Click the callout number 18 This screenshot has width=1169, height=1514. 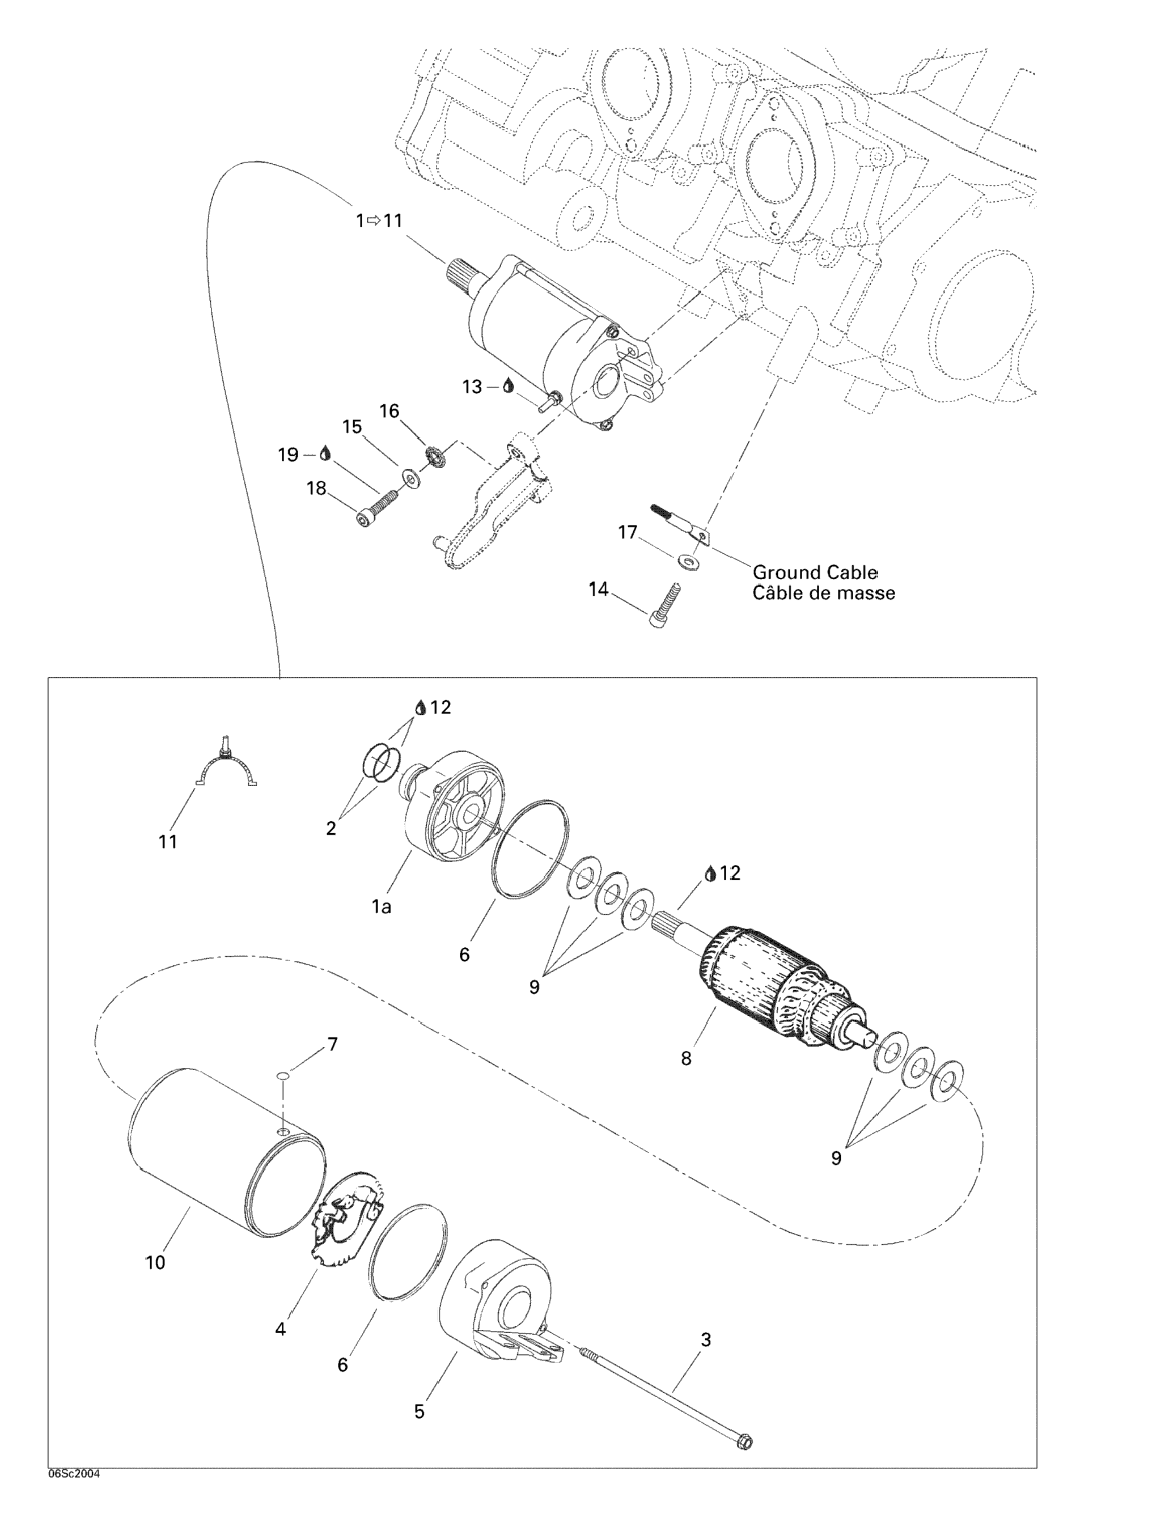[316, 488]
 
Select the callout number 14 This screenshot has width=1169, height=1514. [598, 590]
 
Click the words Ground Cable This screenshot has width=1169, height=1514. [815, 572]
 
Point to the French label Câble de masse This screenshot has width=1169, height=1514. [824, 593]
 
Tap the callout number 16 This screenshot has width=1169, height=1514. [389, 411]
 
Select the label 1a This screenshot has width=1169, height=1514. [382, 905]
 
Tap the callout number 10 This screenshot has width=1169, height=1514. [155, 1262]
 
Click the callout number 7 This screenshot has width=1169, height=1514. [333, 1044]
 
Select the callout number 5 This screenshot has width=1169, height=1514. [420, 1411]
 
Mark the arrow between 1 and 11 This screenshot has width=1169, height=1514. [374, 220]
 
